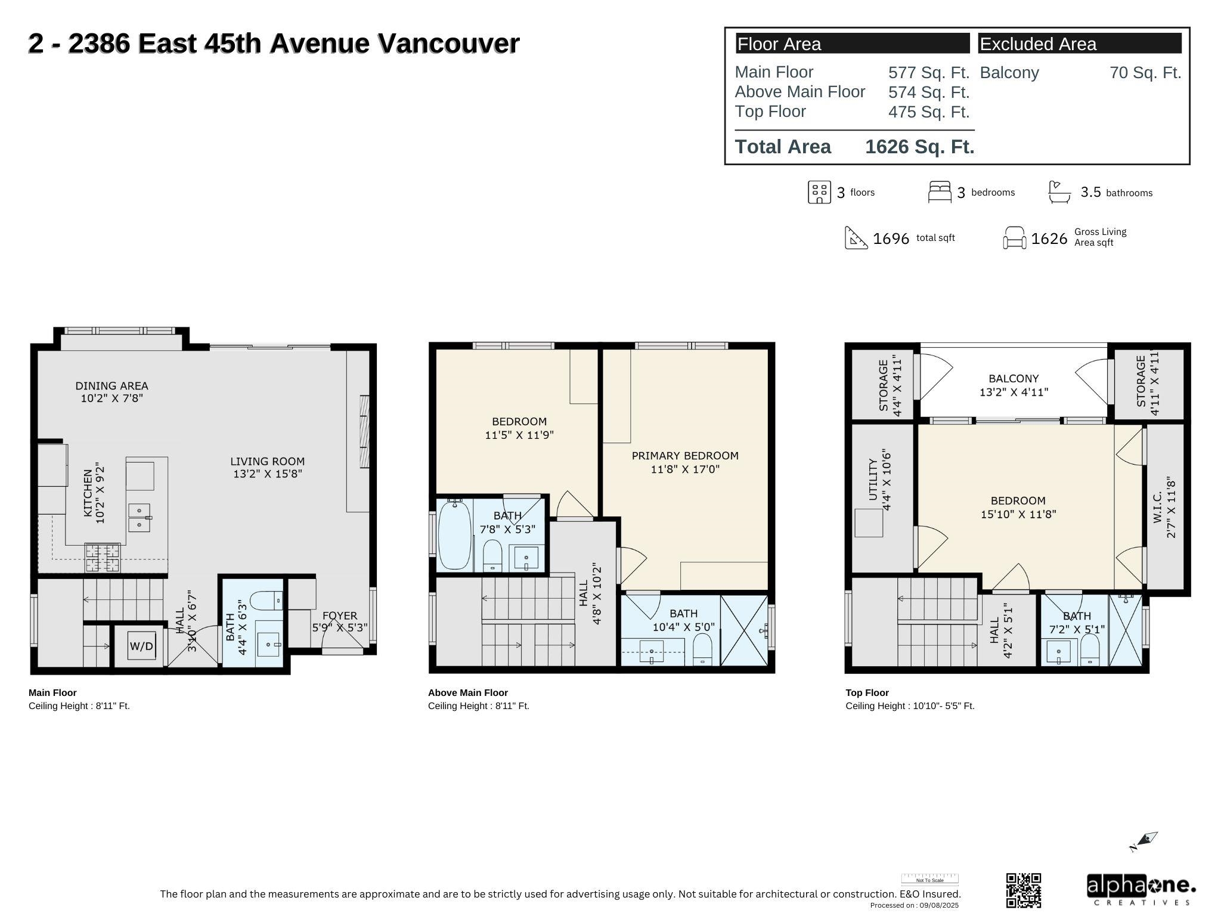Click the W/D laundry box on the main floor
(141, 646)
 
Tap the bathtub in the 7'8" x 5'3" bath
(454, 534)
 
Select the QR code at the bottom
(1024, 890)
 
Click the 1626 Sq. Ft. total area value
(919, 147)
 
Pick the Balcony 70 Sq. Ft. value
(1145, 73)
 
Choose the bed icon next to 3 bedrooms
(940, 192)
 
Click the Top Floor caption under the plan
(867, 692)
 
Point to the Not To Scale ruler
(929, 879)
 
